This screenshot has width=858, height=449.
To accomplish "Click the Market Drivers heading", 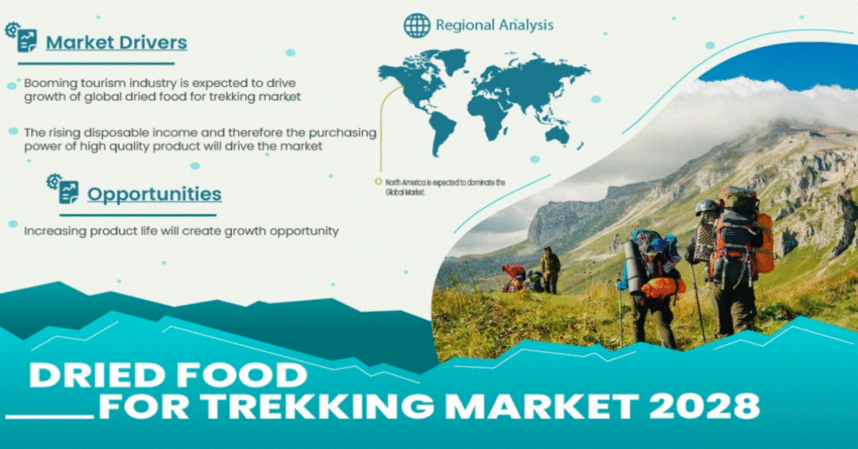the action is (116, 43).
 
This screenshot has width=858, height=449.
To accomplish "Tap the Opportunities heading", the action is (154, 194).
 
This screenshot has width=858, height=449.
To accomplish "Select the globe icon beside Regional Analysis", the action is (417, 25).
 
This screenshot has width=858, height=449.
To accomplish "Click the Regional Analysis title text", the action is (494, 25).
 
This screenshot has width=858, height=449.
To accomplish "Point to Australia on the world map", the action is (557, 133).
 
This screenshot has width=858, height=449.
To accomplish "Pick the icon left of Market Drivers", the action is (21, 37).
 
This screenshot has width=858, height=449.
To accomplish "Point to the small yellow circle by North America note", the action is (378, 182).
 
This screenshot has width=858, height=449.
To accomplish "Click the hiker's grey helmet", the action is (707, 207).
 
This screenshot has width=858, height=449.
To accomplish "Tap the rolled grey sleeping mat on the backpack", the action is (633, 266).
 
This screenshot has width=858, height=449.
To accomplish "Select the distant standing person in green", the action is (550, 270).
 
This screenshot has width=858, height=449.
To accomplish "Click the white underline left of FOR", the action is (50, 417).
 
